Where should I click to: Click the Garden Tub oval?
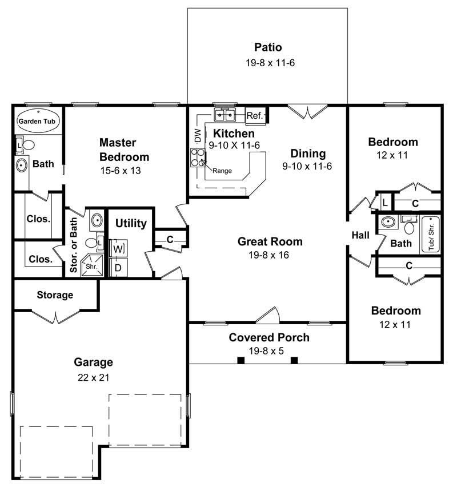click(x=38, y=121)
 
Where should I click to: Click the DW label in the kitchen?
click(x=198, y=136)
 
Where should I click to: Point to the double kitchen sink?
click(x=226, y=116)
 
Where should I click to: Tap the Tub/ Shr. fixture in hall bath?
click(x=430, y=234)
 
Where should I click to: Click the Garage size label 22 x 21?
click(x=93, y=377)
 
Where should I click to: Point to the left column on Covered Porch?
click(x=241, y=360)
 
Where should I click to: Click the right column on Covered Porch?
click(x=294, y=360)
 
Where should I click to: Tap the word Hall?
click(x=360, y=235)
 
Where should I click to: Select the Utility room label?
click(x=131, y=223)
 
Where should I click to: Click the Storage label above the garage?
click(x=55, y=295)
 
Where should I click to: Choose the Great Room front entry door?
click(x=267, y=315)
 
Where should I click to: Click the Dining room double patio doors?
click(x=308, y=111)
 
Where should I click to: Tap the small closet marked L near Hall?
click(x=384, y=203)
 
